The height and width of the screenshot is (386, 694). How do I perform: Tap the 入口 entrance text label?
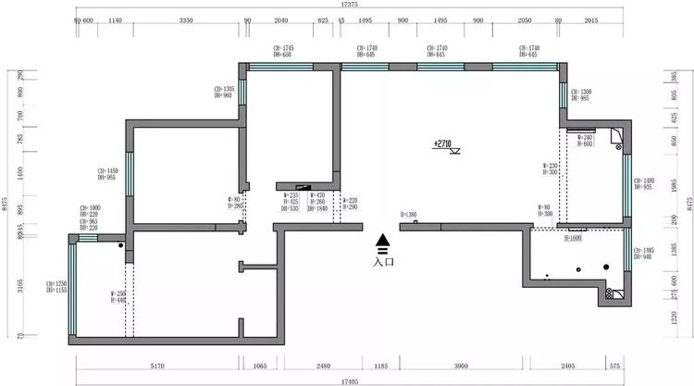tap(383, 262)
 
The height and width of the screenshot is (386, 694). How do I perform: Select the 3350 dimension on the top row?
tap(185, 19)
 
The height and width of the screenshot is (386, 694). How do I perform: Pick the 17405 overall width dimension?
tap(350, 380)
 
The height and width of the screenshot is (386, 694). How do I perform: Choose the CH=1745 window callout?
tap(283, 51)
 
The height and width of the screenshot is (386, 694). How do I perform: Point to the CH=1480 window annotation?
tap(645, 183)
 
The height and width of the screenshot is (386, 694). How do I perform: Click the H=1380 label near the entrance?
tap(409, 215)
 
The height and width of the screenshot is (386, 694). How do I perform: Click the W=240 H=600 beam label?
tap(586, 141)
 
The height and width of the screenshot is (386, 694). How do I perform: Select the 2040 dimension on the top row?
tap(282, 19)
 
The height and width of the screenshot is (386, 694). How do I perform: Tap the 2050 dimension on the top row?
tap(524, 19)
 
